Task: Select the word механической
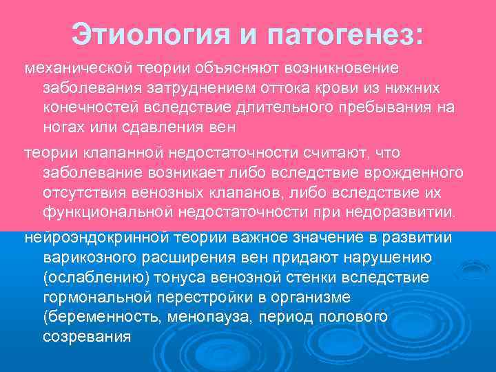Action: tap(78, 69)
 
